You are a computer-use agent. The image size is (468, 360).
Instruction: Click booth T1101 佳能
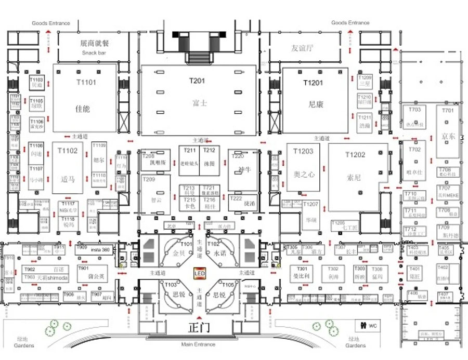[86, 99]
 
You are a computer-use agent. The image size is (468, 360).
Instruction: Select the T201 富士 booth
[199, 99]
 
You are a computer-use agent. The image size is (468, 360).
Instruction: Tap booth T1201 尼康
[315, 99]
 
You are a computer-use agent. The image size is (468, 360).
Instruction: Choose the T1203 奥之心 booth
[303, 166]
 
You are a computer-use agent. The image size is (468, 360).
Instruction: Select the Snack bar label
[94, 54]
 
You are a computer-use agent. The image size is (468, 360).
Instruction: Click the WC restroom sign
[367, 326]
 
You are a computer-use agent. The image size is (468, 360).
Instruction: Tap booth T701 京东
[448, 130]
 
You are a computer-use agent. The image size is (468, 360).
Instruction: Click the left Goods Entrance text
[50, 23]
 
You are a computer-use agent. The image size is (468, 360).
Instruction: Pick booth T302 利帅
[333, 274]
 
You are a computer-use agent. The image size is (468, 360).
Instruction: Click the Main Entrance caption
[198, 344]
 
